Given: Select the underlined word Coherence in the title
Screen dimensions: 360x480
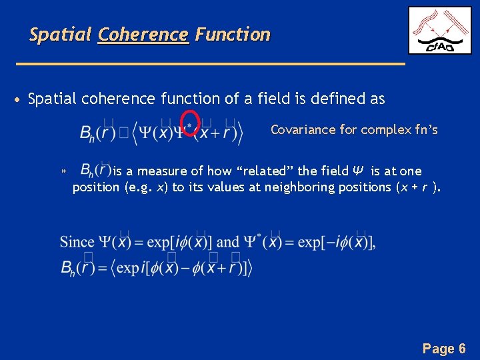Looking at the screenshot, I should click(x=143, y=35).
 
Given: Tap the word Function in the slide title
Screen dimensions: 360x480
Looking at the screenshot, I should click(x=233, y=35).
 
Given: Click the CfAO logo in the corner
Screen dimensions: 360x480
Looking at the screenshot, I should click(x=439, y=30).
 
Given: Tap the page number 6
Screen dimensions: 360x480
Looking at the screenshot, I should click(x=462, y=349).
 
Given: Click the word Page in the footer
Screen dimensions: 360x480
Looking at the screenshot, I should click(x=438, y=349).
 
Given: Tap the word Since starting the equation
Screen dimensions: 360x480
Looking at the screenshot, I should click(x=77, y=242).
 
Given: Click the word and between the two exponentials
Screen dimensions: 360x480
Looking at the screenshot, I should click(x=228, y=242).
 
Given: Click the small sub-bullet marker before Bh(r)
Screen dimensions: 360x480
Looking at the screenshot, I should click(x=64, y=172).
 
